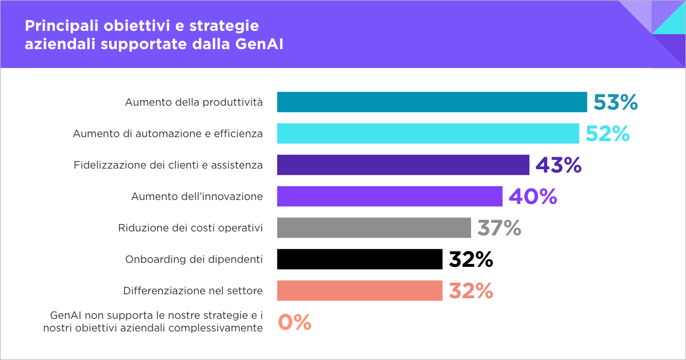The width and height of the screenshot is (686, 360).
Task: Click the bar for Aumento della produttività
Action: [x=432, y=102]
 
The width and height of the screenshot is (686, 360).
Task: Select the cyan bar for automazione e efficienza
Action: [x=428, y=134]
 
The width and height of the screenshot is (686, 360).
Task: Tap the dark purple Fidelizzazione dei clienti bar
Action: [x=403, y=165]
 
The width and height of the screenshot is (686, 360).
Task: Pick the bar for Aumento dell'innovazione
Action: [x=389, y=197]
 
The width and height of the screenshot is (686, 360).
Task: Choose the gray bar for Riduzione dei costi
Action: [x=374, y=228]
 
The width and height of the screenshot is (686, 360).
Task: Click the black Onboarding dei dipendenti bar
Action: [x=360, y=259]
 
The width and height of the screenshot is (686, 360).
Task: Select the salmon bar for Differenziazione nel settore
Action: [x=360, y=291]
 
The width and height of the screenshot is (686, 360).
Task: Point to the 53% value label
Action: [x=615, y=103]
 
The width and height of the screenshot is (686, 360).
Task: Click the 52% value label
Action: [x=607, y=134]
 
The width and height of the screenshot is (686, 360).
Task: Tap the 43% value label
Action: [x=559, y=166]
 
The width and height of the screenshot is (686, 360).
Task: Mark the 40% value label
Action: [x=533, y=197]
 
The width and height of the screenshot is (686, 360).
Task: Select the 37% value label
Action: [x=500, y=229]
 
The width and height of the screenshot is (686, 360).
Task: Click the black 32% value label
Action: [x=471, y=260]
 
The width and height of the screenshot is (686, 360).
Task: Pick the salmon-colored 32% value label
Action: [x=471, y=291]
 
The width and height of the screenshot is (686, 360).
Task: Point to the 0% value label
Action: [x=295, y=323]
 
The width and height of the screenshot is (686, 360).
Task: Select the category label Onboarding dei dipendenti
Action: [x=194, y=259]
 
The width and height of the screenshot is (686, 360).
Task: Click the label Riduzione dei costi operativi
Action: [x=190, y=228]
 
